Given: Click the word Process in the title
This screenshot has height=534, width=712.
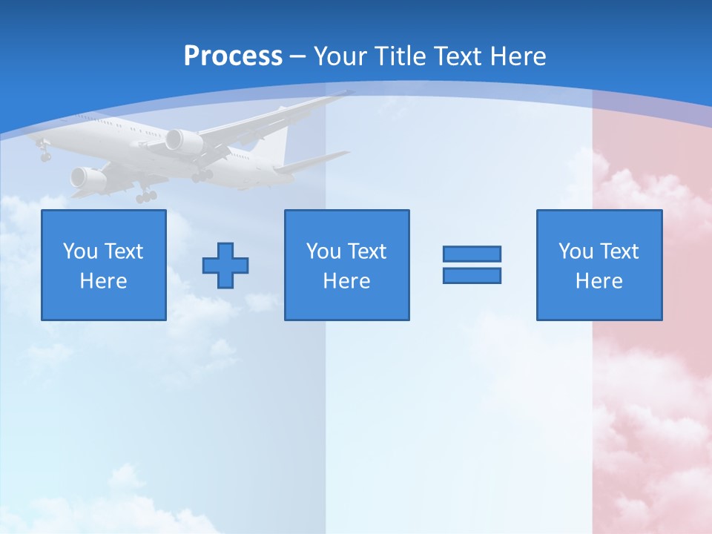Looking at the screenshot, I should [x=233, y=56].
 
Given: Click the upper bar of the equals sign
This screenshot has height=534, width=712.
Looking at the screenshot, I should [x=472, y=254].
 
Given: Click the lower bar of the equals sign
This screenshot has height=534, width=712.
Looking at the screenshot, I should [x=472, y=276].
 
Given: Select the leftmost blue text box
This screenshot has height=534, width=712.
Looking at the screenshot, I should [x=104, y=265].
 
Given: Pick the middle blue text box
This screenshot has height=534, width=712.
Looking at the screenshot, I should [x=346, y=265].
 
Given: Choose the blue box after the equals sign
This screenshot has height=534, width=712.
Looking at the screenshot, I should [x=599, y=265].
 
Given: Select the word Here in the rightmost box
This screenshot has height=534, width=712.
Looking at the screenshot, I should [x=599, y=281].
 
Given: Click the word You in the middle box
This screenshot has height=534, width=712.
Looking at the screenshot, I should [x=323, y=251].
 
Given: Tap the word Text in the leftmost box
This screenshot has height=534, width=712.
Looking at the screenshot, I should [x=122, y=251].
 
